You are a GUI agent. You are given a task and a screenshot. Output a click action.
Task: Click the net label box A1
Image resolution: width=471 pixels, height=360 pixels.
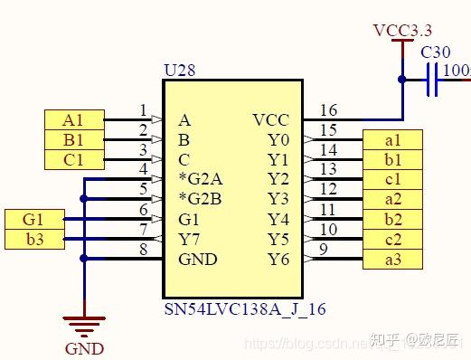tap(73, 119)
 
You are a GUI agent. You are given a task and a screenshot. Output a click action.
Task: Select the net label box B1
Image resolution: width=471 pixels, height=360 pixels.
tap(73, 139)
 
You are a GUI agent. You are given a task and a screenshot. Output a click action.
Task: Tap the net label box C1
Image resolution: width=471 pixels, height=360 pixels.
tap(73, 159)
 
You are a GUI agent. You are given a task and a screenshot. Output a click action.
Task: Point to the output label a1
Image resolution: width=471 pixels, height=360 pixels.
tap(392, 139)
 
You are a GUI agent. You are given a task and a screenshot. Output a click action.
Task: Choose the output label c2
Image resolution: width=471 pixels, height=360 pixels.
tap(392, 239)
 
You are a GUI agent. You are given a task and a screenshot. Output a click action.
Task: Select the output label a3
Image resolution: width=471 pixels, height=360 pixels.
tap(392, 259)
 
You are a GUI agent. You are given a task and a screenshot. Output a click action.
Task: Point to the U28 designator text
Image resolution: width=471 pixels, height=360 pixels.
tap(177, 69)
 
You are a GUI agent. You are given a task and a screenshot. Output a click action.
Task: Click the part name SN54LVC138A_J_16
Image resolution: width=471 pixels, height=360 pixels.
tap(244, 309)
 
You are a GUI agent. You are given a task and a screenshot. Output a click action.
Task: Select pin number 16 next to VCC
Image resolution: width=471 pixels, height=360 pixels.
tap(328, 110)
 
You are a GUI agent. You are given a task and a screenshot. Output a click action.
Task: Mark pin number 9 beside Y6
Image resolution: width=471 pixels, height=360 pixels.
tap(324, 250)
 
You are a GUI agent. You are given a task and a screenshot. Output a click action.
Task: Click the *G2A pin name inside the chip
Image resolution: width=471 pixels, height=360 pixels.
tap(200, 179)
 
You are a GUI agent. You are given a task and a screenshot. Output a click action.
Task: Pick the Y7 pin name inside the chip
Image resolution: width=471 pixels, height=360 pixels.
tap(189, 239)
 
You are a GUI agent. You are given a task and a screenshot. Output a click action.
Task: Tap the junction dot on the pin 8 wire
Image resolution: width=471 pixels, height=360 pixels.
tap(83, 259)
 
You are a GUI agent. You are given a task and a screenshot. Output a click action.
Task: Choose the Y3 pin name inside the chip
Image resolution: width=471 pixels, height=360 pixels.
tap(278, 199)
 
